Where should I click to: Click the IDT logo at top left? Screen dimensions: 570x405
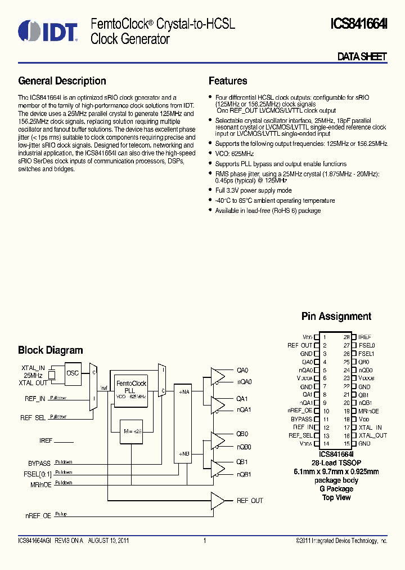[x=47, y=32]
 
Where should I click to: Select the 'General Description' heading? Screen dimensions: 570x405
[x=62, y=81]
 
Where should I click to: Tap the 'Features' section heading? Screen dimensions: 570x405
[x=228, y=81]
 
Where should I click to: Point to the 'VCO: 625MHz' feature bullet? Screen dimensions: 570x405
[x=235, y=154]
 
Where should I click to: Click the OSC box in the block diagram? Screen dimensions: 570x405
[x=73, y=373]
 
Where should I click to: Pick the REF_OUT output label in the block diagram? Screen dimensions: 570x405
[x=249, y=501]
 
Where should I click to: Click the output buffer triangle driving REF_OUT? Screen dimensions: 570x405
[x=217, y=500]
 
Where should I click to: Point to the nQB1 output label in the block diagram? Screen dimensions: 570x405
[x=244, y=474]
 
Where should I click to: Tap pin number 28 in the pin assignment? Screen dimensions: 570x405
[x=346, y=337]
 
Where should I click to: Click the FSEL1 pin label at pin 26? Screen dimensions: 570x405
[x=366, y=354]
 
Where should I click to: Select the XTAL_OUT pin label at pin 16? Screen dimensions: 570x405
[x=372, y=435]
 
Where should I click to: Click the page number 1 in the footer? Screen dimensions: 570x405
[x=204, y=541]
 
